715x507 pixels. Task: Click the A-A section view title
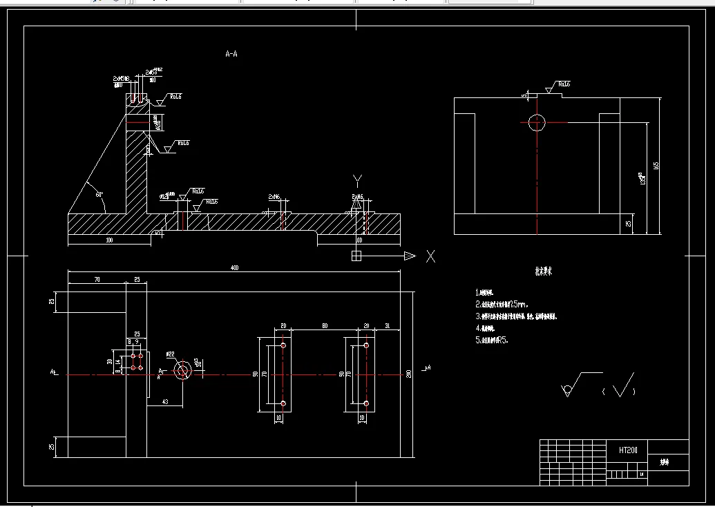coord(232,53)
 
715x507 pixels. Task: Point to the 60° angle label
coord(99,195)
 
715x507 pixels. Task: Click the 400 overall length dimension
coord(235,267)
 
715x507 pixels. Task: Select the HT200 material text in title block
coord(628,450)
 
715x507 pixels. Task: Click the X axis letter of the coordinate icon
coord(430,256)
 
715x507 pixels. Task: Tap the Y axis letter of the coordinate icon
coord(357,181)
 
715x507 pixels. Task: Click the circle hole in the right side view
coord(537,123)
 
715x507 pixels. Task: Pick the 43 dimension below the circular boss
coord(165,401)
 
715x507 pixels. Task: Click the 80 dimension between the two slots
coord(323,325)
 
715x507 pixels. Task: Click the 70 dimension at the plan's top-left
coord(96,280)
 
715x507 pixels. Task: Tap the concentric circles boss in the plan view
coord(183,372)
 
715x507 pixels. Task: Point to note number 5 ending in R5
coord(493,340)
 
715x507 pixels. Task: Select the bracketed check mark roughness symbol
coord(620,388)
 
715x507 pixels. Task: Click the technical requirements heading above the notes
coord(541,271)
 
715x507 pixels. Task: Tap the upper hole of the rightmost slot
coord(367,345)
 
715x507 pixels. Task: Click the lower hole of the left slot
coord(283,403)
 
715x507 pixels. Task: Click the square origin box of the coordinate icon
coord(356,256)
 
